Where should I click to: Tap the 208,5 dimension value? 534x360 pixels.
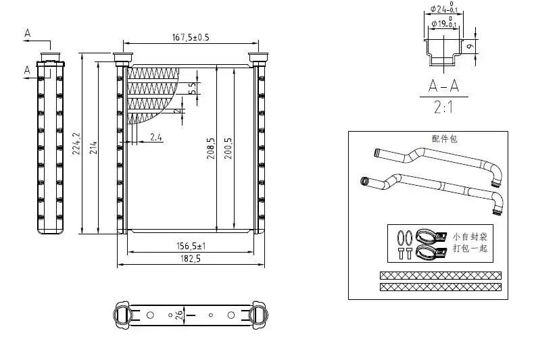[211, 149]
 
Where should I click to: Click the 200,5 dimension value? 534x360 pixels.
[228, 149]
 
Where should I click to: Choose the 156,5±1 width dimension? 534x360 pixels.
[189, 247]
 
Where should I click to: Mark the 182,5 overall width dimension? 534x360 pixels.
[189, 259]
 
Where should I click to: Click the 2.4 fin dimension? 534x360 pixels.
[155, 137]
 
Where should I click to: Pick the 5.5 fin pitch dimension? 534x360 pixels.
[192, 88]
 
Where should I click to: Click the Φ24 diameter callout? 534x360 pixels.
[443, 9]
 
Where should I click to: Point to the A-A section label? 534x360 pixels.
[443, 86]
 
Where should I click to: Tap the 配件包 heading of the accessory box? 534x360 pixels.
[445, 138]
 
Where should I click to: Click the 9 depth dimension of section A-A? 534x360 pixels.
[470, 46]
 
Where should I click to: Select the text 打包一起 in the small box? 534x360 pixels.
[470, 249]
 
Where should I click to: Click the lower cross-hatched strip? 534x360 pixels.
[440, 287]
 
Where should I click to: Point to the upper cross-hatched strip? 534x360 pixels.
[440, 276]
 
